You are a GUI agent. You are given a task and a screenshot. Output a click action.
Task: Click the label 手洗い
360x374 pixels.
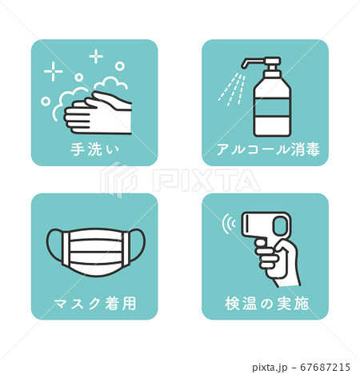click(x=94, y=149)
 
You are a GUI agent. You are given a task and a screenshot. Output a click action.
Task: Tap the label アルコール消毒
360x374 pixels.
click(x=268, y=149)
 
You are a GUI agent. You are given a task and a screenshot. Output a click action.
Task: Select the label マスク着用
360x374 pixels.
click(x=95, y=304)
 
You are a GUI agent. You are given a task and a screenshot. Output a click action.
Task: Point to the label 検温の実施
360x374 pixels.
click(x=266, y=304)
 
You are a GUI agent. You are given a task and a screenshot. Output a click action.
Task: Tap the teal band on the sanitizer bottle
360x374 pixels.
click(x=272, y=107)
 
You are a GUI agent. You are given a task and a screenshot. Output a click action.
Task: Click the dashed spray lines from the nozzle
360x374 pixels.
click(x=231, y=90)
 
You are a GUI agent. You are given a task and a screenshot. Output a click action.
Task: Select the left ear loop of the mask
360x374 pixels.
click(x=54, y=244)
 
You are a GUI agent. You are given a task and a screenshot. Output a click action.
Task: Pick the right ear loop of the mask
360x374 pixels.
click(x=138, y=244)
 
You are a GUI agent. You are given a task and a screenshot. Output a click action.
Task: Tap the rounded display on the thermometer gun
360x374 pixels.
click(x=280, y=225)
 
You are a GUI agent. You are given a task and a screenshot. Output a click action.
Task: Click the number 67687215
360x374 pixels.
click(x=325, y=368)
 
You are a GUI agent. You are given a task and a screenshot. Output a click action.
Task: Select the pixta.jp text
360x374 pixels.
click(x=270, y=368)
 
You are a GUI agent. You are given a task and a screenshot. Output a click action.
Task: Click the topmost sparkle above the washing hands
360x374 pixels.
click(x=96, y=56)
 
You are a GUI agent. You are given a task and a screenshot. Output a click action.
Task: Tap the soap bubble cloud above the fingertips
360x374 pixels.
click(x=110, y=83)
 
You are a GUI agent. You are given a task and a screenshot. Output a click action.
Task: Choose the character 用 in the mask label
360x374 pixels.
click(x=129, y=304)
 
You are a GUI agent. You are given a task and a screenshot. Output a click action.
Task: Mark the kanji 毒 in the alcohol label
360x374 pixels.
click(x=313, y=149)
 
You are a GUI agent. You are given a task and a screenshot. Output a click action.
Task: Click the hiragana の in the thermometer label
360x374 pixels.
click(x=266, y=304)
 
